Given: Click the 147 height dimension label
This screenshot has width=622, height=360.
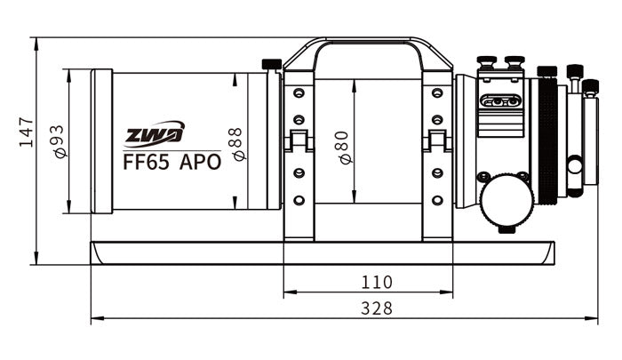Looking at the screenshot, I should [27, 131].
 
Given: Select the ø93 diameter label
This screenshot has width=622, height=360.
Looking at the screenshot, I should [60, 141].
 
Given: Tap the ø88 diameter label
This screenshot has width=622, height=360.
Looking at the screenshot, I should [236, 143].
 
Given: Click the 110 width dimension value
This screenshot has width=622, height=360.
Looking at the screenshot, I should [377, 283].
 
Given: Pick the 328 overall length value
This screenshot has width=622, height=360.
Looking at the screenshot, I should [377, 308].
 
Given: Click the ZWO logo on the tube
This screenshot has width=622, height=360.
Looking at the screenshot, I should [154, 134].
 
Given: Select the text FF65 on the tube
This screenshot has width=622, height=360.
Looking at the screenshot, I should [146, 162].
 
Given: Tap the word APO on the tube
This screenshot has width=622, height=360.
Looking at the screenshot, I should [200, 162].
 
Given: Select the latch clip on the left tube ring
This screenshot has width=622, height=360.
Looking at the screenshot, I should [299, 140].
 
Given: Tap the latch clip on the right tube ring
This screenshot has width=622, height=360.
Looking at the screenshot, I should [436, 140].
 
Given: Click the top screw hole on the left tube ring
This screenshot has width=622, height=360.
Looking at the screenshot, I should [299, 92].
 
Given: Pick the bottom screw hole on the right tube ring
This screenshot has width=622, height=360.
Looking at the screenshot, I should [436, 199].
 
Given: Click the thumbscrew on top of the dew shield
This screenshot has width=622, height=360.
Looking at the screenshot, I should [272, 64].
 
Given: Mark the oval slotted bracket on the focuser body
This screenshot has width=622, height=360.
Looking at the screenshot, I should [499, 101].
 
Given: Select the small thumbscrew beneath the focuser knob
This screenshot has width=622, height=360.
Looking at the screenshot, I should [507, 228].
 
